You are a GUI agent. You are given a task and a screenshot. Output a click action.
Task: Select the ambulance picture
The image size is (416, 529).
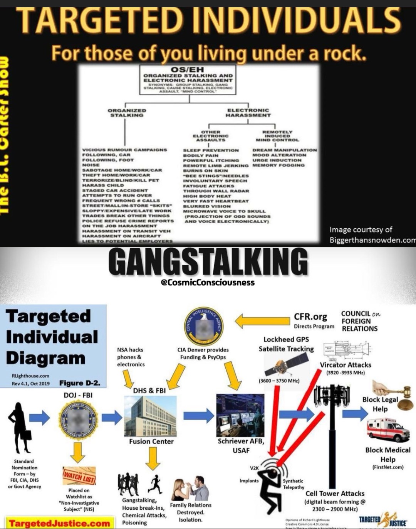[x=387, y=429]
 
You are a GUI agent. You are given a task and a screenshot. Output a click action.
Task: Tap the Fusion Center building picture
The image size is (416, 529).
[x=151, y=416]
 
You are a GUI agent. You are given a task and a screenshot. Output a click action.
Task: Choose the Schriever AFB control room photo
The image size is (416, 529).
[x=240, y=415]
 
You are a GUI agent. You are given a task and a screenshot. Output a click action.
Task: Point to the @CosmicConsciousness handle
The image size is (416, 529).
[x=208, y=283]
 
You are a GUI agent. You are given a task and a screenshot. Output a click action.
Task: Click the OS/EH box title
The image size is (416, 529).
[x=188, y=69]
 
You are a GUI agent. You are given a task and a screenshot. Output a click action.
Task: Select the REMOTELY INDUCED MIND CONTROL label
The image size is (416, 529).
[x=277, y=136]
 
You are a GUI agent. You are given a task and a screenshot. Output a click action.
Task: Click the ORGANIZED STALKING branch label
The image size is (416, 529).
[x=127, y=113]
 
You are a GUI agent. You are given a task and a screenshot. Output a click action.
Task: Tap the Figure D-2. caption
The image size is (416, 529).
[x=80, y=383]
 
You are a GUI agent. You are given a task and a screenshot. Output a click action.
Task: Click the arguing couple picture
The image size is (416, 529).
[x=190, y=489]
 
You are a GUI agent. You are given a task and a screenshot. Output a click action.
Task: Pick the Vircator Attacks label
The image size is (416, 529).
[x=346, y=364]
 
